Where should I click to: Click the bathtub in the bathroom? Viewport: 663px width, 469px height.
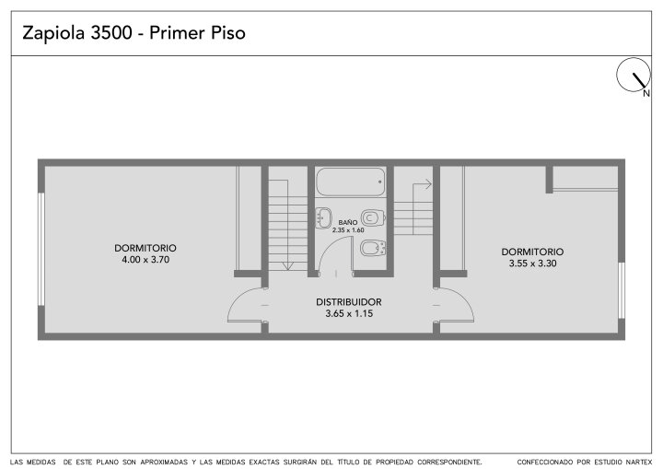point(351,182)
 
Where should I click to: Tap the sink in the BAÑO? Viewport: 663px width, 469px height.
point(323,218)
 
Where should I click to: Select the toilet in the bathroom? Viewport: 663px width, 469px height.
point(373,218)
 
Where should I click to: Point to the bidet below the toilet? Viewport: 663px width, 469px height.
point(373,248)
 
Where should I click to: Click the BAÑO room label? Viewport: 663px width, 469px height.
point(347,222)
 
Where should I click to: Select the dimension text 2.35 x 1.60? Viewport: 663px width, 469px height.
point(348,230)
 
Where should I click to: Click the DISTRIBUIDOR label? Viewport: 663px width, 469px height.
point(349,302)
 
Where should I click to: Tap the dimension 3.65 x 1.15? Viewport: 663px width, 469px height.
point(349,313)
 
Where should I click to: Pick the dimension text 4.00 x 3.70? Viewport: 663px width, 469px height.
point(145,260)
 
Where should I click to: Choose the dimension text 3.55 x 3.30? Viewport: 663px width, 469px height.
point(532,264)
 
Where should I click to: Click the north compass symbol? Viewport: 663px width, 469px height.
point(633,75)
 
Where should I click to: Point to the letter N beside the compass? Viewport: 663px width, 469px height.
point(646,94)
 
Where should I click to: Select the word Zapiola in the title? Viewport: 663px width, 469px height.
point(53,33)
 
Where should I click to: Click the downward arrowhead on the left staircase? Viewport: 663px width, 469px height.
point(287,265)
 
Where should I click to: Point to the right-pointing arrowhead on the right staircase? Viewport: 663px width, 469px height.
point(428,184)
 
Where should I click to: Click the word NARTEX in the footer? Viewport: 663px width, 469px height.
point(638,462)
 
